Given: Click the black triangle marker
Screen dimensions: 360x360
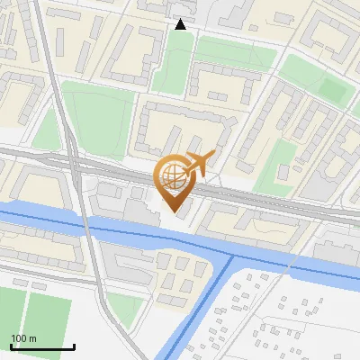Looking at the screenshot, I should click(181, 24).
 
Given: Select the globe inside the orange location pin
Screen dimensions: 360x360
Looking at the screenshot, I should click(173, 174).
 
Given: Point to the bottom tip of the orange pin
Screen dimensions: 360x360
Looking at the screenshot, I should click(174, 213).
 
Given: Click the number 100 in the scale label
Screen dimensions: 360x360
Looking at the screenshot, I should click(19, 338).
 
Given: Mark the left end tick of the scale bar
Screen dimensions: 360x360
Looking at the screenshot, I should click(11, 346).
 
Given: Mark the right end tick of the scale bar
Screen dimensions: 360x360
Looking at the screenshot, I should click(74, 346).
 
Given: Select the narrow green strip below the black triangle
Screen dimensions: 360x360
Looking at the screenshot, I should click(171, 63).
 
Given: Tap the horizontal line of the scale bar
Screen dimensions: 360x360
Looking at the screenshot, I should click(42, 347).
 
